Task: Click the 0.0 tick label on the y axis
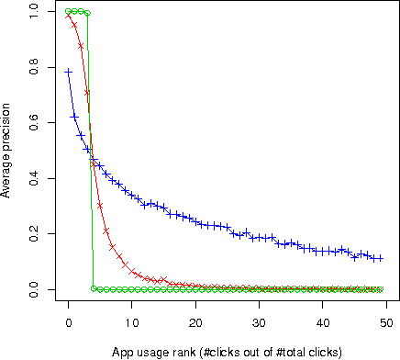tap(34, 290)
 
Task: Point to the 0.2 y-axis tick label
tap(34, 234)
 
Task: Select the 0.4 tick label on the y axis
tap(34, 178)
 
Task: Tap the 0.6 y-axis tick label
tap(34, 123)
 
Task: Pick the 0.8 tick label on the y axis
tap(34, 67)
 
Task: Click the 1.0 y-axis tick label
tap(34, 11)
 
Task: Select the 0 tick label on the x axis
tap(68, 322)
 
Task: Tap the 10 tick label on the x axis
tap(131, 322)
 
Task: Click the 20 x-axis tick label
tap(195, 322)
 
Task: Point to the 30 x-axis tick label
tap(259, 322)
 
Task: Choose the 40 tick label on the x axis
tap(323, 322)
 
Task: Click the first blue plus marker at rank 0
tap(68, 72)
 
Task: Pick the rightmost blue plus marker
tap(380, 259)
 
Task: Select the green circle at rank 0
tap(68, 11)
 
